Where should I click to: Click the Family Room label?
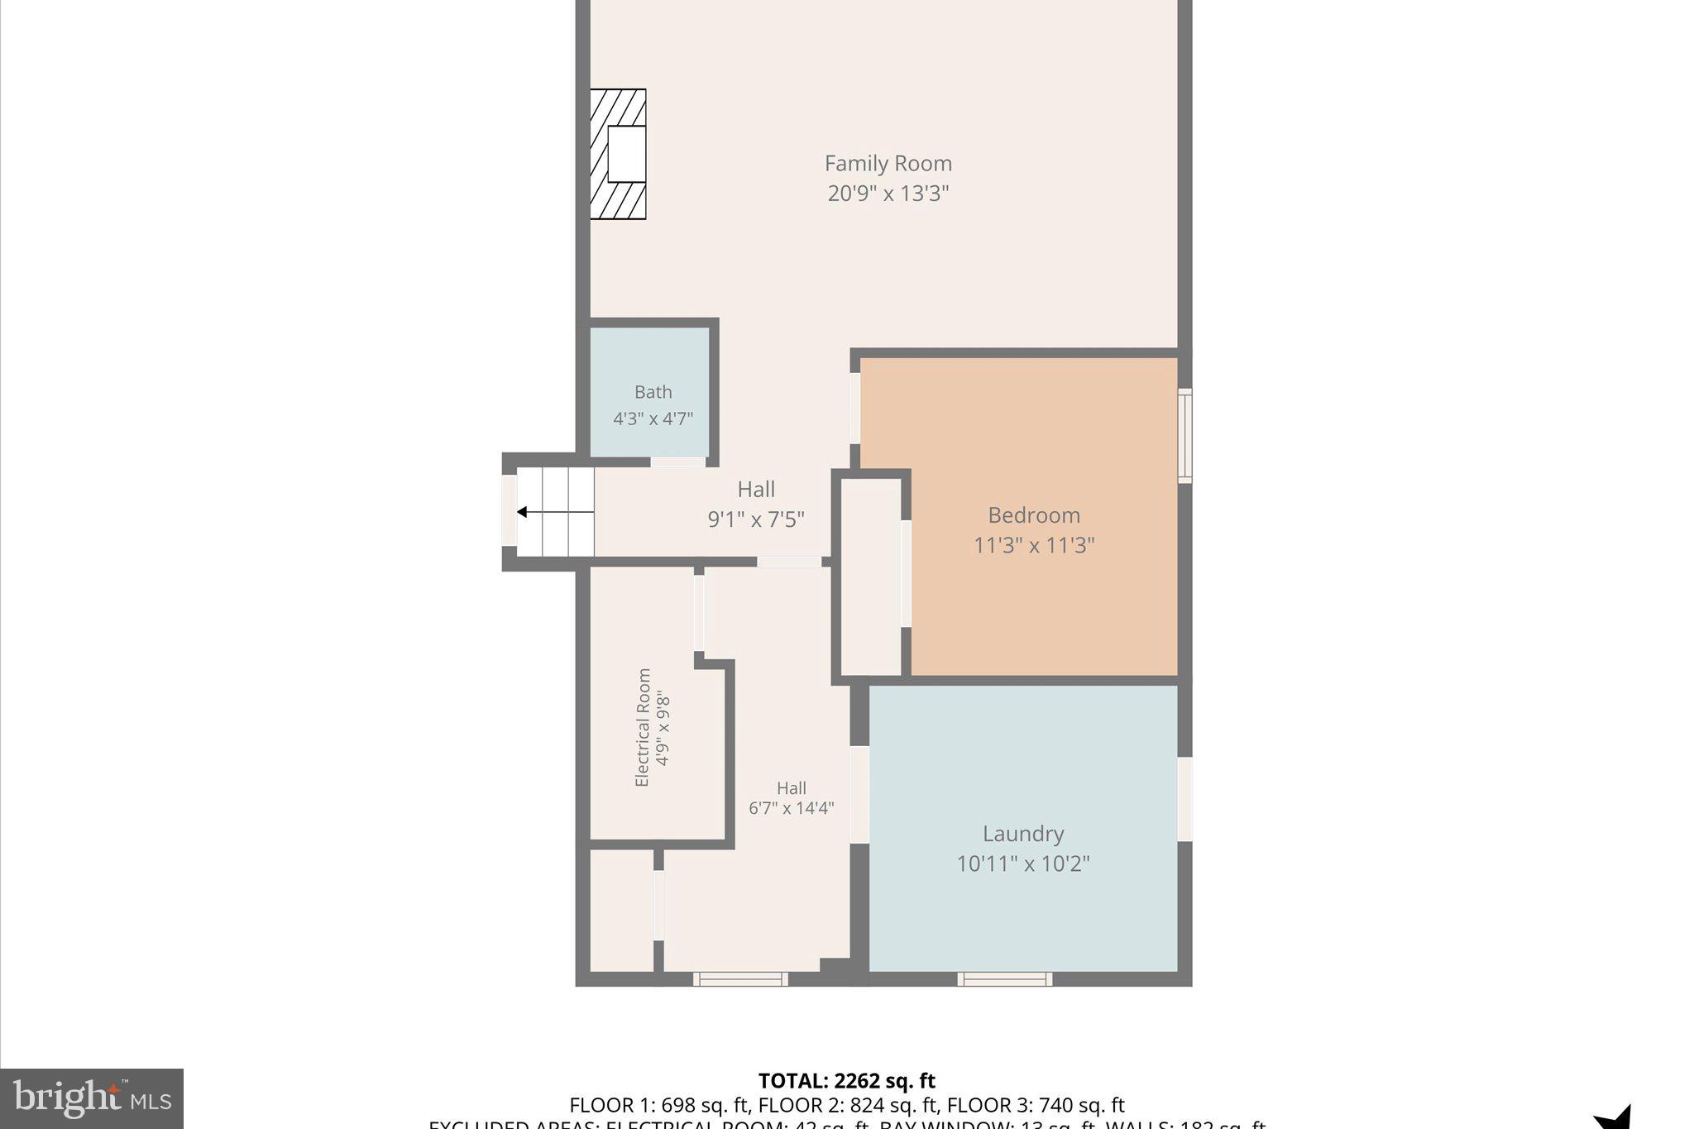pyautogui.click(x=888, y=163)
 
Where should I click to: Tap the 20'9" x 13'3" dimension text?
pyautogui.click(x=888, y=194)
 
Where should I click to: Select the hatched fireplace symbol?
pyautogui.click(x=618, y=154)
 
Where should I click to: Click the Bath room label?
pyautogui.click(x=653, y=392)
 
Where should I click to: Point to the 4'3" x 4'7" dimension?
pyautogui.click(x=653, y=419)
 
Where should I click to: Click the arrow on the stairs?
pyautogui.click(x=523, y=512)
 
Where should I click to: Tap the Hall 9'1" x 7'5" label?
pyautogui.click(x=755, y=504)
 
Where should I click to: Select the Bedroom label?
pyautogui.click(x=1033, y=515)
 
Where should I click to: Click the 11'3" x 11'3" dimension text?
pyautogui.click(x=1033, y=545)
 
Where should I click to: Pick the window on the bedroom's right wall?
pyautogui.click(x=1184, y=436)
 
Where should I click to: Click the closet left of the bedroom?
pyautogui.click(x=871, y=576)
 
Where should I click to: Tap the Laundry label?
pyautogui.click(x=1022, y=834)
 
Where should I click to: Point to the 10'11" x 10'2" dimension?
pyautogui.click(x=1022, y=863)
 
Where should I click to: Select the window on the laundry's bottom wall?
pyautogui.click(x=1004, y=979)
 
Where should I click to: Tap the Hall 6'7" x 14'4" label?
pyautogui.click(x=791, y=798)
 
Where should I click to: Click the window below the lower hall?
pyautogui.click(x=740, y=979)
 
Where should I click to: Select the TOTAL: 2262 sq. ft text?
pyautogui.click(x=846, y=1080)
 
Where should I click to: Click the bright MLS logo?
pyautogui.click(x=92, y=1098)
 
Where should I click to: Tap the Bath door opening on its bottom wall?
pyautogui.click(x=677, y=462)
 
